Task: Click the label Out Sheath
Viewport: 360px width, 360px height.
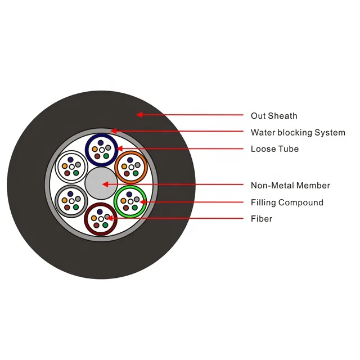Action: (273, 116)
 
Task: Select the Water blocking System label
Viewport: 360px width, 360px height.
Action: (298, 133)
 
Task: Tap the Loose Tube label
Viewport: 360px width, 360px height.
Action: (274, 149)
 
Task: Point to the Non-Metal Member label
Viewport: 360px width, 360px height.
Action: (290, 185)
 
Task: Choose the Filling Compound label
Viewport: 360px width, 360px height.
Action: (287, 202)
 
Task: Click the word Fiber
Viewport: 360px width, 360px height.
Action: (261, 218)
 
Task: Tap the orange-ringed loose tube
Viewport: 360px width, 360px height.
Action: (131, 166)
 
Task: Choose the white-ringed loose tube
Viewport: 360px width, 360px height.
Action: (71, 166)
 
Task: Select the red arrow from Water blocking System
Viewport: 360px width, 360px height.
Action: (180, 132)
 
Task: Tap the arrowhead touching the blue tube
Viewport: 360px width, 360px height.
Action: (120, 149)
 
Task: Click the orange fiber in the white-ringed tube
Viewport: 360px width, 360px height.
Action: (65, 166)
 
